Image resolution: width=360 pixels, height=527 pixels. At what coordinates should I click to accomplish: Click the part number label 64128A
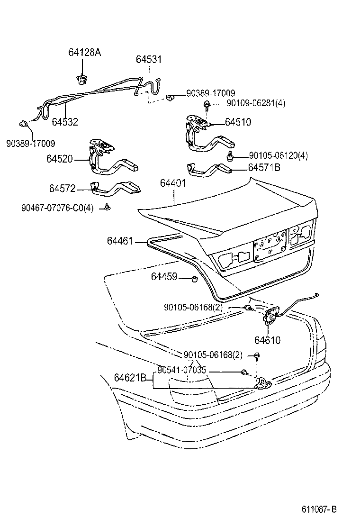tap(85, 53)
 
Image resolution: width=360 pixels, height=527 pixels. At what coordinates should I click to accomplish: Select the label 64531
tap(149, 60)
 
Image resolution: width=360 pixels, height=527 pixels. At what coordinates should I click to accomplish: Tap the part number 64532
tap(65, 122)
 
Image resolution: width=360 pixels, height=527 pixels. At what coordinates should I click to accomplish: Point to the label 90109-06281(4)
tap(249, 104)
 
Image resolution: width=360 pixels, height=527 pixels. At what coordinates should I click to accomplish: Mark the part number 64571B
tap(264, 167)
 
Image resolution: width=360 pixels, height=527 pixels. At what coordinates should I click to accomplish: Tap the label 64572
tap(63, 189)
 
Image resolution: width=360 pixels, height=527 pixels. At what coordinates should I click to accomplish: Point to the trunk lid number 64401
tap(173, 183)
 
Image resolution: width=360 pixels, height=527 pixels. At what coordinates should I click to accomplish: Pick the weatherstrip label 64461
tap(120, 241)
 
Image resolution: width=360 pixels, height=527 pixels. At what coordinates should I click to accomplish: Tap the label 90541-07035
tap(182, 370)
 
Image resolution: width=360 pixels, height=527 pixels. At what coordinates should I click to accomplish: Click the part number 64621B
tap(130, 378)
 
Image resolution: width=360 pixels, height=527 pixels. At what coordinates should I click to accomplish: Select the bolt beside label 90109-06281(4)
tap(207, 104)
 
